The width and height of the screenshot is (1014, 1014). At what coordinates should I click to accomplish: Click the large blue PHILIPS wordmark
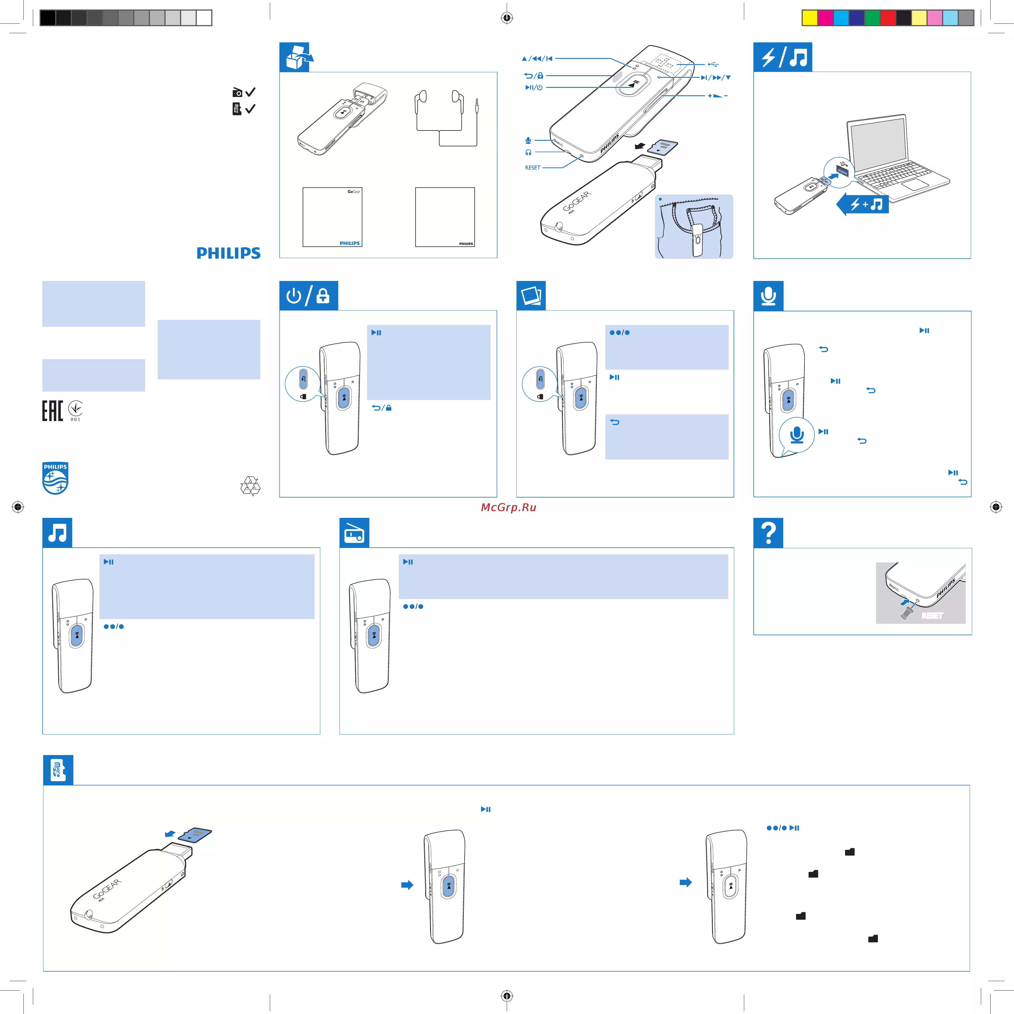[x=228, y=254]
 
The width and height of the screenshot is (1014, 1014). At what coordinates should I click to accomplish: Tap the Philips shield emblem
[x=55, y=478]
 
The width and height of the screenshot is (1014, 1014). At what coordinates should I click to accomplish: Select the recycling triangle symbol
[x=250, y=486]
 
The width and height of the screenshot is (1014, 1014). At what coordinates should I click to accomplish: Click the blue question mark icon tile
[x=768, y=533]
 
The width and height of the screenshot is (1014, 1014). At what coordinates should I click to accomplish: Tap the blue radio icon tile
[x=354, y=533]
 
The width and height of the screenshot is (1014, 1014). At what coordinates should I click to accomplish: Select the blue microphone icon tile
[x=768, y=295]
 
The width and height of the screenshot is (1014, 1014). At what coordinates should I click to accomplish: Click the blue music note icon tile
[x=57, y=533]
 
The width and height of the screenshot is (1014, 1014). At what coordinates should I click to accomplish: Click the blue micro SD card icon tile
[x=58, y=770]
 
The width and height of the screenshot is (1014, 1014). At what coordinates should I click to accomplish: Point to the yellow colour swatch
[x=809, y=18]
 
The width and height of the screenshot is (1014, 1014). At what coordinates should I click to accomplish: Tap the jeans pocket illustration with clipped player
[x=694, y=226]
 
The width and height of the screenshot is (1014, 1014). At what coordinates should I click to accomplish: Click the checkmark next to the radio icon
[x=250, y=92]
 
